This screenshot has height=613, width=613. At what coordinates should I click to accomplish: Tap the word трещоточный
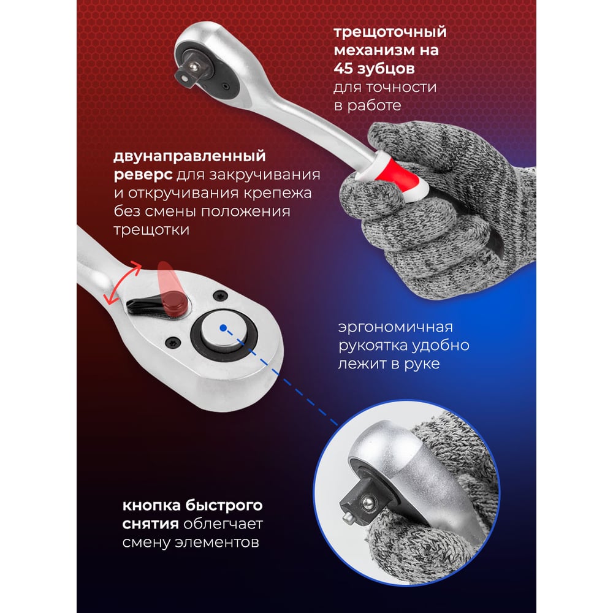tap(390, 32)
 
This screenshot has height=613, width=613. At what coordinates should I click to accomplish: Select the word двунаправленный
tap(189, 156)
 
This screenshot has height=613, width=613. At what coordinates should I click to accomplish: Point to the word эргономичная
tap(395, 327)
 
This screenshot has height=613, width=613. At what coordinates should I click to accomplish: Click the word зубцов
tap(389, 69)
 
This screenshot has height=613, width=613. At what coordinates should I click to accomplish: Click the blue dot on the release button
tap(223, 328)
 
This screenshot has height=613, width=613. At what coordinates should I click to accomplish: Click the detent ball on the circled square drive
tap(367, 503)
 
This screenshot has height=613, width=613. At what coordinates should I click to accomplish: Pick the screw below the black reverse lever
tap(172, 343)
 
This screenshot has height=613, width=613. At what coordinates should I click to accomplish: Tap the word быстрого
tap(227, 506)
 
